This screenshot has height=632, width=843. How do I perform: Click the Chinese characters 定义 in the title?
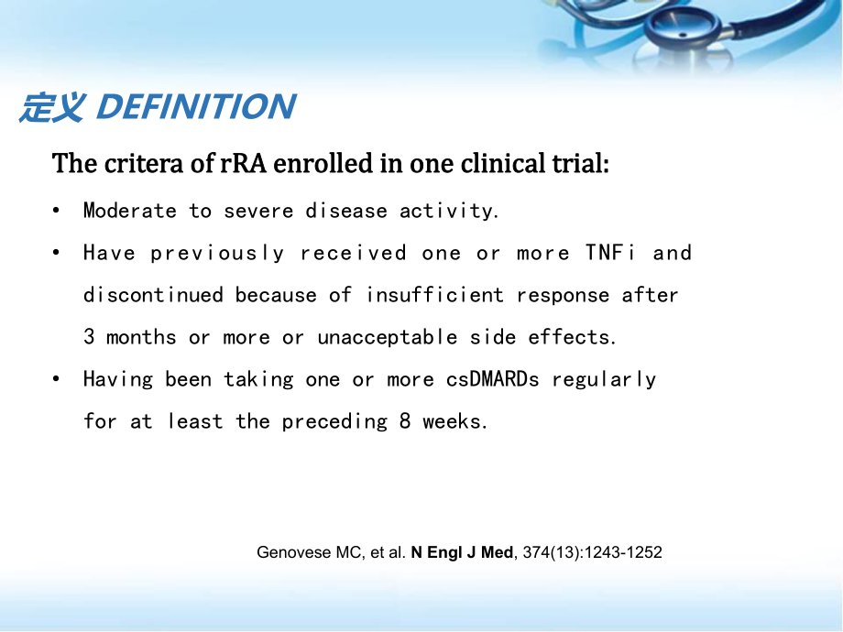pyautogui.click(x=52, y=107)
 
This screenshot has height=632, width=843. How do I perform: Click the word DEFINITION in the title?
pyautogui.click(x=196, y=106)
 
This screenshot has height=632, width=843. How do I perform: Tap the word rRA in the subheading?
pyautogui.click(x=243, y=163)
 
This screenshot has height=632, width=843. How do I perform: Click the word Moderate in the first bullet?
pyautogui.click(x=129, y=211)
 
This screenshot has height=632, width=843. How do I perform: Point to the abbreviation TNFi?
pyautogui.click(x=609, y=253)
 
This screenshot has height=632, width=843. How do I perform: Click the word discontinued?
pyautogui.click(x=153, y=295)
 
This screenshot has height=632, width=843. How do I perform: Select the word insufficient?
pyautogui.click(x=434, y=295)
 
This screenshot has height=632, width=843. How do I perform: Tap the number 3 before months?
pyautogui.click(x=89, y=337)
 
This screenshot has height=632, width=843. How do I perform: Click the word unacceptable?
pyautogui.click(x=387, y=337)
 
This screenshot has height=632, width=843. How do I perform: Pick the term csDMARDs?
pyautogui.click(x=492, y=379)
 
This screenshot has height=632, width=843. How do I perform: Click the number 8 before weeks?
pyautogui.click(x=405, y=420)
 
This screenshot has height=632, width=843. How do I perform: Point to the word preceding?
pyautogui.click(x=334, y=422)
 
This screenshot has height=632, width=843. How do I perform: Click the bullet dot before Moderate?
pyautogui.click(x=57, y=211)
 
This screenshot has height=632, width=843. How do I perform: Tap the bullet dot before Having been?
pyautogui.click(x=57, y=379)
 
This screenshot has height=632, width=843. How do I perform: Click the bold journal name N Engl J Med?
pyautogui.click(x=462, y=552)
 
